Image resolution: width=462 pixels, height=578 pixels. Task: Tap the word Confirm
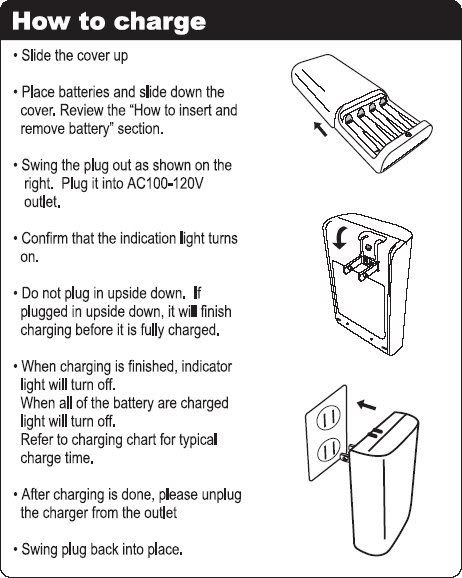point(53,239)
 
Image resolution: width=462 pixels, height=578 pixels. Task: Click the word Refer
point(39,440)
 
